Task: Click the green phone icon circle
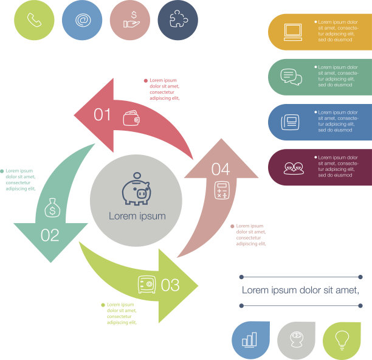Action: click(34, 20)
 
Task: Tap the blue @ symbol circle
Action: click(82, 20)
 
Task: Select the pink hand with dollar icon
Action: click(130, 20)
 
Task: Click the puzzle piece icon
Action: click(177, 20)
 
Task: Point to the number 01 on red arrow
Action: click(103, 114)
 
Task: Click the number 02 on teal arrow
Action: click(50, 235)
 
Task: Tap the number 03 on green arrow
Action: click(170, 284)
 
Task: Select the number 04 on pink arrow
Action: click(220, 170)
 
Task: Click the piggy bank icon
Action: click(136, 190)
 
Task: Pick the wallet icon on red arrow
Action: click(131, 118)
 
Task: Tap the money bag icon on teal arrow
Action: click(52, 208)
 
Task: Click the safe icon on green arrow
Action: click(147, 284)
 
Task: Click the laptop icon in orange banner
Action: click(292, 32)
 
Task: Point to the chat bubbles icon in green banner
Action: click(291, 77)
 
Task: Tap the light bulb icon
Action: click(343, 339)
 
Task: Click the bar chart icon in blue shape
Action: click(250, 339)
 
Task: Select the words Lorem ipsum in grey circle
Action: click(137, 216)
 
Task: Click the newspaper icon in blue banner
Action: click(290, 122)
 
